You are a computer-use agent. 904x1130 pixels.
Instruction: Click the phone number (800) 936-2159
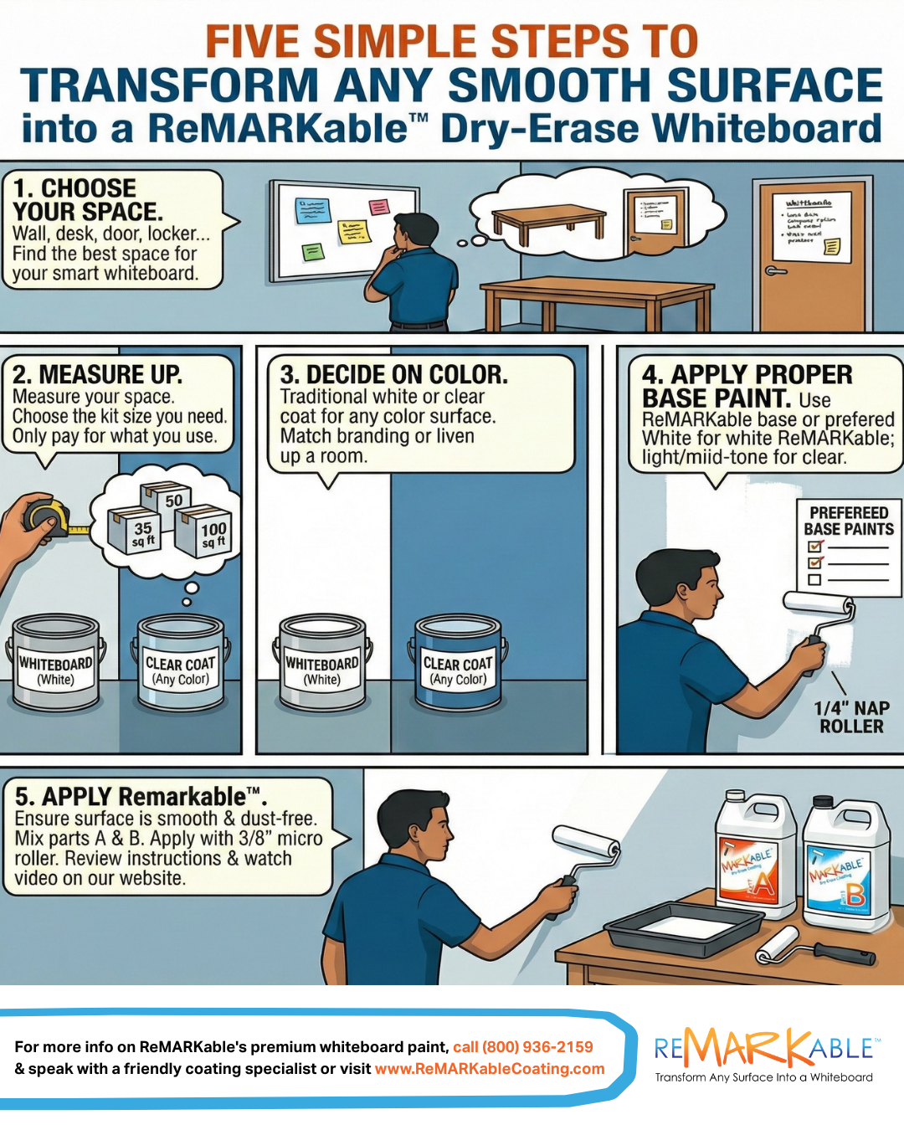537,1047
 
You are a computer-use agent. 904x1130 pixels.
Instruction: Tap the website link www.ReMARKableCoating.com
490,1069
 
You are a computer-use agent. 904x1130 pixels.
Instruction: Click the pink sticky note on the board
379,207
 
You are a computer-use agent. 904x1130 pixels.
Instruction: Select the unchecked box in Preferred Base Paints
814,580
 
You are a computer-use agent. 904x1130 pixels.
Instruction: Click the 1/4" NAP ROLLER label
851,717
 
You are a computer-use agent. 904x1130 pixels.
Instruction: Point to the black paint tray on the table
682,928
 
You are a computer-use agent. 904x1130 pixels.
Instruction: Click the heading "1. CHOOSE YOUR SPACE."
88,200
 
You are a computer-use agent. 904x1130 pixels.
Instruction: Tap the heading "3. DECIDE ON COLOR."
394,374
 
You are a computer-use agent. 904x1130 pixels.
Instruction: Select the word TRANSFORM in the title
169,86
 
